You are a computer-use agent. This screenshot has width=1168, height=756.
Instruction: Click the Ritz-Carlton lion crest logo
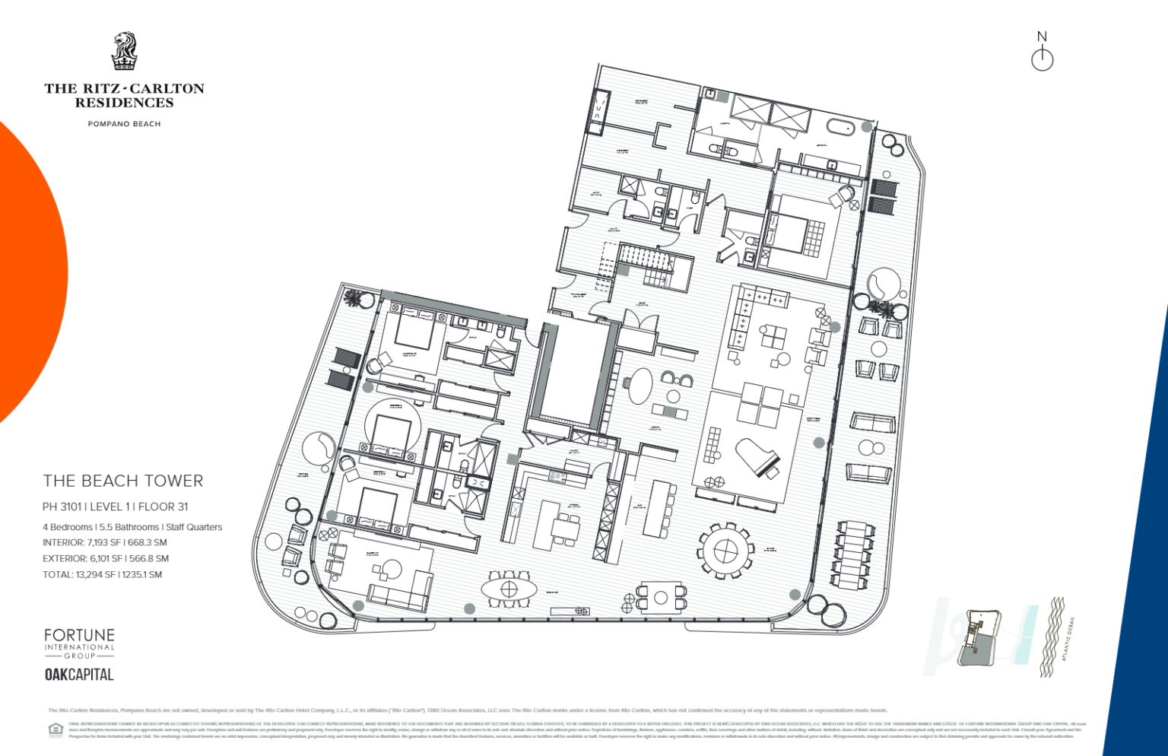pyautogui.click(x=124, y=51)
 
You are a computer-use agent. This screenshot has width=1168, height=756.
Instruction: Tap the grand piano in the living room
pyautogui.click(x=757, y=456)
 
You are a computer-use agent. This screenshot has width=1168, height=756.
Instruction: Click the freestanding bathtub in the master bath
pyautogui.click(x=845, y=127)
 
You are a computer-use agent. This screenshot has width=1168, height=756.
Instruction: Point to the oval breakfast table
pyautogui.click(x=509, y=589)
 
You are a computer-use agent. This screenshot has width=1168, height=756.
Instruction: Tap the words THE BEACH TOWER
pyautogui.click(x=123, y=481)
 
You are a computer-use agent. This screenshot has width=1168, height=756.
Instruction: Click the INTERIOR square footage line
pyautogui.click(x=105, y=542)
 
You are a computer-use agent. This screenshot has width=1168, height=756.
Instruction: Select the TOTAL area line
pyautogui.click(x=103, y=574)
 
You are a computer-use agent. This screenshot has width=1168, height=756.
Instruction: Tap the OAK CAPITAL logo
pyautogui.click(x=79, y=675)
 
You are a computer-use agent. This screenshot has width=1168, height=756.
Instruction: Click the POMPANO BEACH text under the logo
pyautogui.click(x=124, y=124)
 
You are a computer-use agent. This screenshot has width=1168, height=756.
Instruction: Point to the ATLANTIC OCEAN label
pyautogui.click(x=1068, y=639)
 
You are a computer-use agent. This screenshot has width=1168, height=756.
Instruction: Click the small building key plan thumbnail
pyautogui.click(x=980, y=637)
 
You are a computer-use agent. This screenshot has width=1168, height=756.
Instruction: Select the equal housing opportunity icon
pyautogui.click(x=56, y=730)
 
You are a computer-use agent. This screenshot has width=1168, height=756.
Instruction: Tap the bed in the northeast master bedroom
pyautogui.click(x=791, y=233)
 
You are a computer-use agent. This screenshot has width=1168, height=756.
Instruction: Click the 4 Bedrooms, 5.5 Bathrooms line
pyautogui.click(x=132, y=527)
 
